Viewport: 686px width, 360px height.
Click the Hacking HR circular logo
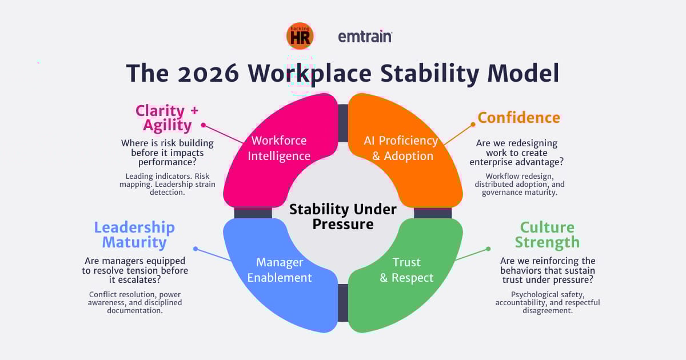300,36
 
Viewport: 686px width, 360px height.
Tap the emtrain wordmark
365,37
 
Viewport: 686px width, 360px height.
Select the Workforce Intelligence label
279,148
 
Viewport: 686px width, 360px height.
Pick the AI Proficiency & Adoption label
401,148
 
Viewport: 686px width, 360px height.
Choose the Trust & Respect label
406,270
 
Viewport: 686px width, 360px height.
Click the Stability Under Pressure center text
342,217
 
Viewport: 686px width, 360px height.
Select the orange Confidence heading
519,118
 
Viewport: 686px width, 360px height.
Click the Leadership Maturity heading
134,234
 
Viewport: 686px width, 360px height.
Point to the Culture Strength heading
547,234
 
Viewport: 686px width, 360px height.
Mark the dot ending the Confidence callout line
473,124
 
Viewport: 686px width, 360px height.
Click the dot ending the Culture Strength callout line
488,249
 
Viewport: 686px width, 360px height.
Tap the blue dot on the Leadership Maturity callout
196,249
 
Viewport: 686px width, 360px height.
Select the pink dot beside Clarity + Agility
203,124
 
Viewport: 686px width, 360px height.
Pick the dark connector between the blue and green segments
342,302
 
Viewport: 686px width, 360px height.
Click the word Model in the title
517,74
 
